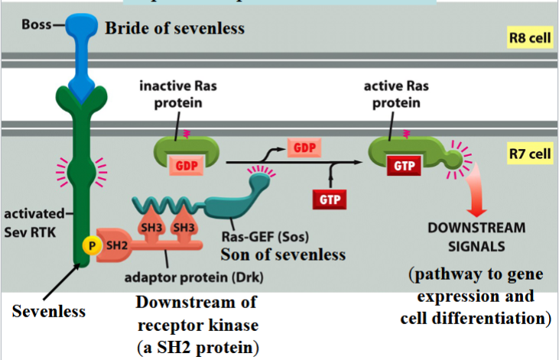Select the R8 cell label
click(x=529, y=37)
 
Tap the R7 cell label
click(x=529, y=154)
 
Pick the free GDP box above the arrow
click(x=302, y=147)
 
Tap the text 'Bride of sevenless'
click(x=174, y=29)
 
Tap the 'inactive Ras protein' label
click(x=177, y=93)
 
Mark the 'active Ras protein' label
click(x=393, y=93)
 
